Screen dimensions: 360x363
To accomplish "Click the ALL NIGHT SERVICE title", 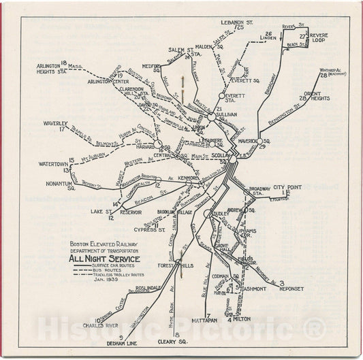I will pyautogui.click(x=100, y=259).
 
